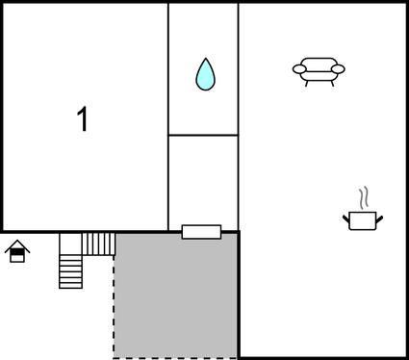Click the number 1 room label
click(x=83, y=119)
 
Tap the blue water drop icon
click(x=205, y=75)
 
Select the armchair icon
click(x=319, y=70)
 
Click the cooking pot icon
click(x=363, y=220)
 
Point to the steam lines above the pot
click(x=363, y=198)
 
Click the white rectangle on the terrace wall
click(x=201, y=231)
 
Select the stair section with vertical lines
click(x=99, y=244)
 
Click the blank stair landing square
click(x=70, y=244)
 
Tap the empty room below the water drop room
click(x=203, y=181)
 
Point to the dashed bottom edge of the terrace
click(x=176, y=357)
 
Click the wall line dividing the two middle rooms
click(x=203, y=135)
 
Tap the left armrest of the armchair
click(x=298, y=68)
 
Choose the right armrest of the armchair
click(x=339, y=68)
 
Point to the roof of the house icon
click(x=17, y=245)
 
